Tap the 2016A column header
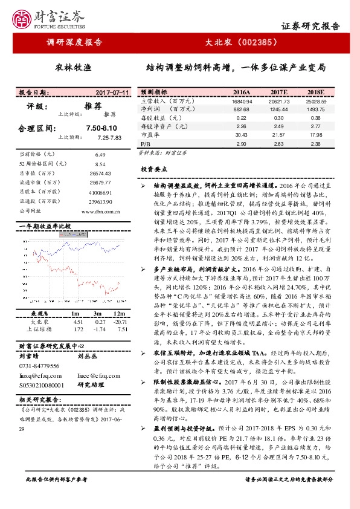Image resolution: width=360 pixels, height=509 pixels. point(241,92)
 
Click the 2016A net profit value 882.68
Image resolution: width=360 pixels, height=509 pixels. point(241,109)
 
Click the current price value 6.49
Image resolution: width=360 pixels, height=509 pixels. point(100,155)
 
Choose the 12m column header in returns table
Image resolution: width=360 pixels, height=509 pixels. point(118,314)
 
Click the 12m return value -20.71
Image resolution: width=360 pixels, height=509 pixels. point(118,322)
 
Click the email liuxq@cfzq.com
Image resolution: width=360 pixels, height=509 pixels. point(40,375)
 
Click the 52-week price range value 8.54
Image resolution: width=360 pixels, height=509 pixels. point(100,164)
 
